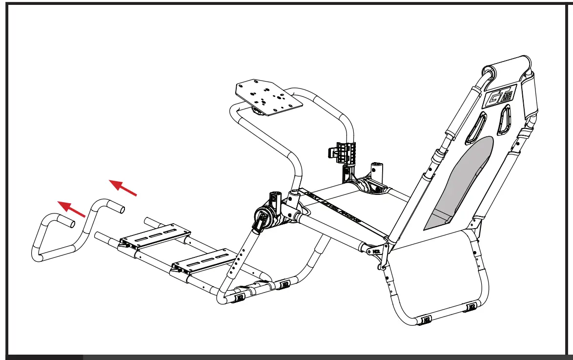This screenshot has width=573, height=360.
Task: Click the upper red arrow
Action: [123, 188]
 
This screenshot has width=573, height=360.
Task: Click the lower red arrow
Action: [71, 209]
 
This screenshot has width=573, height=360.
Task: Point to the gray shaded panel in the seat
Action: [456, 186]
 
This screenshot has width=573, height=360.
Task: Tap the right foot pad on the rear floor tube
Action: [471, 307]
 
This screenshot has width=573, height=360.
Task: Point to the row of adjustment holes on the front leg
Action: [238, 259]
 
